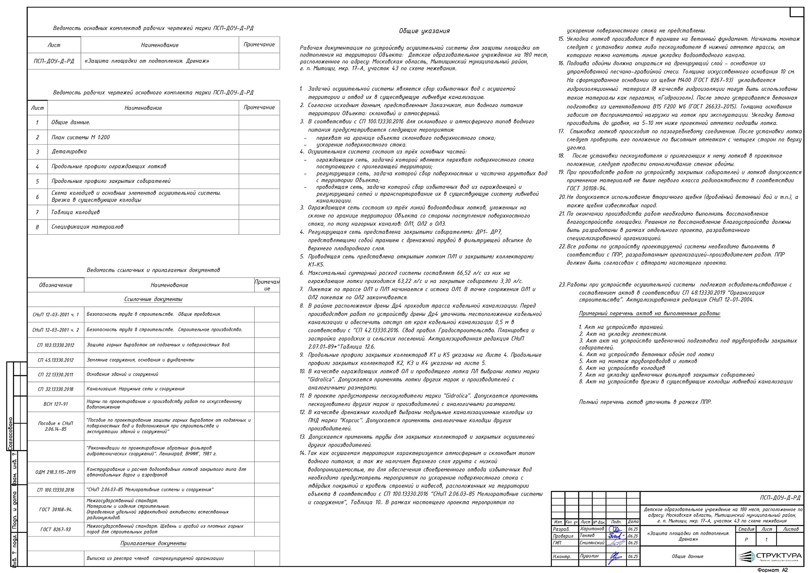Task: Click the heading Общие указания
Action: pyautogui.click(x=424, y=31)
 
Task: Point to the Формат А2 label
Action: pyautogui.click(x=772, y=570)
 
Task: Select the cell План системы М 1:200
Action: pyautogui.click(x=80, y=137)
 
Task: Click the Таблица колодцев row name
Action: pyautogui.click(x=75, y=212)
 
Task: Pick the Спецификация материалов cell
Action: pyautogui.click(x=87, y=227)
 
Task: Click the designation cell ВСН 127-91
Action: pyautogui.click(x=56, y=404)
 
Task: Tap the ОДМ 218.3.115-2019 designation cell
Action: pyautogui.click(x=56, y=472)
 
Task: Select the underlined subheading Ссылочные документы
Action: pyautogui.click(x=153, y=299)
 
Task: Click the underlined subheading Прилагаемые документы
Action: pyautogui.click(x=153, y=543)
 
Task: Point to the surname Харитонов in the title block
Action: pyautogui.click(x=592, y=529)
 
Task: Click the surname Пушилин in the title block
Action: pyautogui.click(x=589, y=556)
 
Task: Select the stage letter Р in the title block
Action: pyautogui.click(x=747, y=540)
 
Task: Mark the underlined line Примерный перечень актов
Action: pyautogui.click(x=650, y=314)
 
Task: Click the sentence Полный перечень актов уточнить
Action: pyautogui.click(x=645, y=402)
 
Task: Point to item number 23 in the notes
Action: pyautogui.click(x=562, y=285)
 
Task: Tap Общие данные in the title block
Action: pyautogui.click(x=687, y=556)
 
